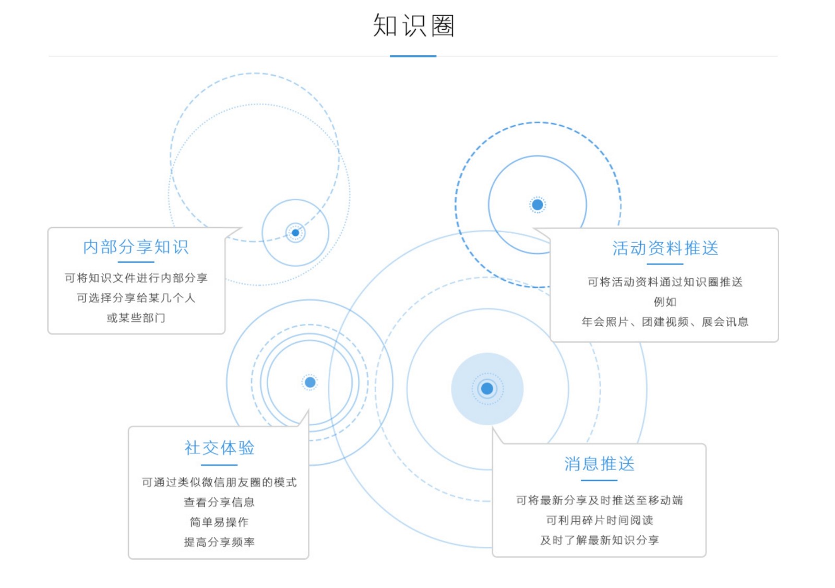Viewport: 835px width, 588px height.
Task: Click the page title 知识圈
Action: click(x=413, y=26)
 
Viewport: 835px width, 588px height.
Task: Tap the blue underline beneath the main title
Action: click(x=413, y=56)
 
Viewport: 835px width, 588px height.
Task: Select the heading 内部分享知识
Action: click(x=136, y=247)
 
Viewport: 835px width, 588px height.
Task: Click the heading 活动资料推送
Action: click(x=665, y=248)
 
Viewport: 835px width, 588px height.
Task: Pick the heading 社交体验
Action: click(x=219, y=448)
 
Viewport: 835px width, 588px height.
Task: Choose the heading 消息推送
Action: click(x=599, y=463)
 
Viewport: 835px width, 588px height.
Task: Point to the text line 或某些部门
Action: click(x=136, y=318)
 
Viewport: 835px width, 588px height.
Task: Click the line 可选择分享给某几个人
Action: click(x=136, y=298)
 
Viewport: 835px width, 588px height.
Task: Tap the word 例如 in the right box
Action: click(x=665, y=302)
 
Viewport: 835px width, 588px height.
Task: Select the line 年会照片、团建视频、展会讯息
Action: click(x=665, y=322)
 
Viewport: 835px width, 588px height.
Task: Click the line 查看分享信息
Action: click(x=219, y=502)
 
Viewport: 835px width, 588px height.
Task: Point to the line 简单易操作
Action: click(x=219, y=522)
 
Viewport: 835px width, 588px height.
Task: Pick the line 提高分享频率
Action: click(x=219, y=542)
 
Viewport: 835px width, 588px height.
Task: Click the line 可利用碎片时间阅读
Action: click(x=599, y=520)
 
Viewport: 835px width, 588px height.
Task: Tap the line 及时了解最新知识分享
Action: click(x=599, y=540)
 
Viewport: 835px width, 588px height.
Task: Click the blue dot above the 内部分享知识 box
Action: click(x=295, y=233)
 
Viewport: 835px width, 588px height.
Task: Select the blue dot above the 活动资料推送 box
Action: click(x=538, y=205)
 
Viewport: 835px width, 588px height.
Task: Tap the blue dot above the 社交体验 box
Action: click(x=310, y=382)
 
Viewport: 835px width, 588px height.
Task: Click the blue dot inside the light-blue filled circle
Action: click(x=487, y=389)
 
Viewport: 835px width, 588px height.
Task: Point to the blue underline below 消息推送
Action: click(x=599, y=480)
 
